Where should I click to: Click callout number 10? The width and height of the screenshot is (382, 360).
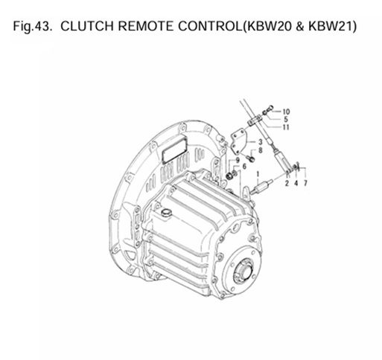(287, 112)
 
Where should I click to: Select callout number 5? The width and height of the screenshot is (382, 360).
(286, 120)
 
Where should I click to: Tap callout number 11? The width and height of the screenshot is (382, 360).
(287, 127)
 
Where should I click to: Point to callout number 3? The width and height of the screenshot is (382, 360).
(260, 141)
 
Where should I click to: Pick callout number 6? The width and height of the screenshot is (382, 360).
(243, 166)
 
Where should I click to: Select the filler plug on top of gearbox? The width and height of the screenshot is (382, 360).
(165, 214)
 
